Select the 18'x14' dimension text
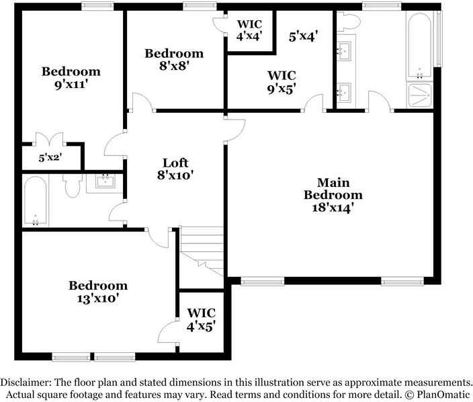333,208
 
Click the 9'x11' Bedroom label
71,78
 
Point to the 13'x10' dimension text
98,298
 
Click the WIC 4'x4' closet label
249,30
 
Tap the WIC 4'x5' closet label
201,319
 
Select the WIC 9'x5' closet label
282,82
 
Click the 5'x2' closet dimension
50,157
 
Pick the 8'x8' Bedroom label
174,59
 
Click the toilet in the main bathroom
349,22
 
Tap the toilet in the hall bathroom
73,185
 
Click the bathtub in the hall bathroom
36,201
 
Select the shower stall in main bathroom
420,95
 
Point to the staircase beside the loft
202,251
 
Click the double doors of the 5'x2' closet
50,138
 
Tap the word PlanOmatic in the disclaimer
443,394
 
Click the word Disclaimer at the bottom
26,382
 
